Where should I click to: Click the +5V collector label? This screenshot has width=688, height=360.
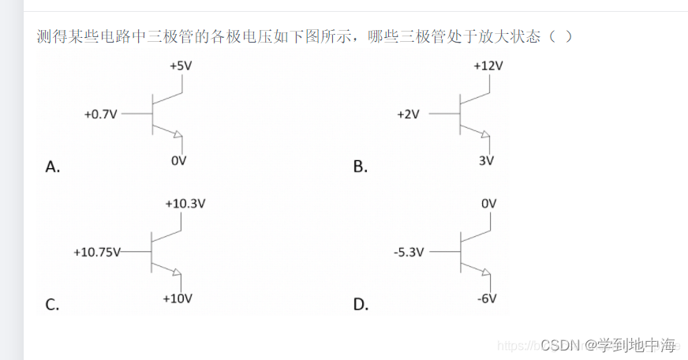click(181, 66)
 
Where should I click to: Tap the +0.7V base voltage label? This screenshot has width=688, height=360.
click(100, 114)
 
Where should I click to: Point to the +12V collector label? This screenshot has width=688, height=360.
click(488, 66)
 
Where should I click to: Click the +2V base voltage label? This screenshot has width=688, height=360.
click(408, 114)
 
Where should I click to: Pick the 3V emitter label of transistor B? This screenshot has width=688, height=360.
click(486, 161)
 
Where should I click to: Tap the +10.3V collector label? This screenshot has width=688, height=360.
click(185, 203)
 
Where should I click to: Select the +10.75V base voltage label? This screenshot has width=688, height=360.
click(96, 253)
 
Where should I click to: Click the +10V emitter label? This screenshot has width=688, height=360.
click(178, 298)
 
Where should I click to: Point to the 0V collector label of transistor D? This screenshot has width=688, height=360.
click(488, 204)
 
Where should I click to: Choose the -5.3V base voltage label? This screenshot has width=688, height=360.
click(409, 253)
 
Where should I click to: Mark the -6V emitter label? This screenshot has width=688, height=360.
click(486, 298)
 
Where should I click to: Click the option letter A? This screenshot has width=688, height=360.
click(53, 167)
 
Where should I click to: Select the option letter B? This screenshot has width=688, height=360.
click(361, 167)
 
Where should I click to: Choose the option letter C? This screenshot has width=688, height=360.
click(52, 305)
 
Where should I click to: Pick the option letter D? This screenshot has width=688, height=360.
click(361, 305)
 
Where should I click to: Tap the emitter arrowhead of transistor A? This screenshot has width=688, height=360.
click(178, 133)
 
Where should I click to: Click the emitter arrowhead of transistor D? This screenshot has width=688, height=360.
click(485, 272)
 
